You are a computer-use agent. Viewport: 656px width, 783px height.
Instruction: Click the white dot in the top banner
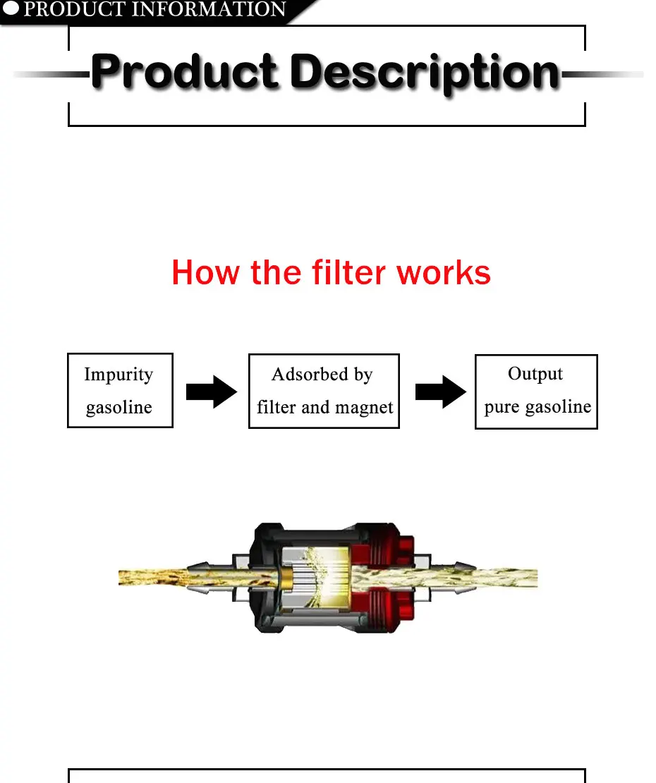(12, 10)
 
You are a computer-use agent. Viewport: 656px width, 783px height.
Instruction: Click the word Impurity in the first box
(119, 374)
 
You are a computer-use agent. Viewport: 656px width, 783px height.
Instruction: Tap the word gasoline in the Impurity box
(119, 407)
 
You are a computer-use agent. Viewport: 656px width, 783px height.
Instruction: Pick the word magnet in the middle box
(364, 407)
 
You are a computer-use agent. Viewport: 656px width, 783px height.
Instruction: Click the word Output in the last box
(535, 373)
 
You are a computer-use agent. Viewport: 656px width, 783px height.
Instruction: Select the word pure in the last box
(502, 407)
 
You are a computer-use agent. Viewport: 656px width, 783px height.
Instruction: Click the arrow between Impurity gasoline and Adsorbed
(212, 391)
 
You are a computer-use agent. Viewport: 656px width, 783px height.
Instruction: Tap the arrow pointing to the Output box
(441, 391)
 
